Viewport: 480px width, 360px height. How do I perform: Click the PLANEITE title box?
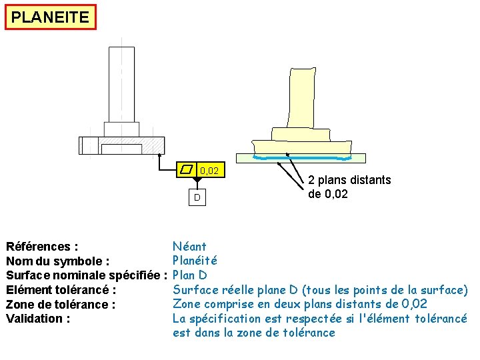tap(50, 17)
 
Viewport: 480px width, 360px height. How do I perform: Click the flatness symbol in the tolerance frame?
tap(186, 170)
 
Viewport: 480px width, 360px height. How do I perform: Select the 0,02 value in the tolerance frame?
tap(209, 171)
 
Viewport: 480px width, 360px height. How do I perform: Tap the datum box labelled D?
tap(197, 198)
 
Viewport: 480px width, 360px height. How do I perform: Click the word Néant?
tap(189, 247)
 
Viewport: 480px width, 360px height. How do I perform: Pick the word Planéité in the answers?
tap(195, 261)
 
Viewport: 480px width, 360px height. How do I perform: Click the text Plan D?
tap(190, 275)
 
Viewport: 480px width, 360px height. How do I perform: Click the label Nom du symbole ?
tap(58, 261)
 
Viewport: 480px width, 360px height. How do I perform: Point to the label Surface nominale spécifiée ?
tap(86, 275)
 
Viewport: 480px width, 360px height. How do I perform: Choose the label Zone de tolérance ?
tap(61, 305)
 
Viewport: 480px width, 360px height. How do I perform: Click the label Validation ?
tap(38, 319)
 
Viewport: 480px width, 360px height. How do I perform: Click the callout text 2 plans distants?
tap(349, 180)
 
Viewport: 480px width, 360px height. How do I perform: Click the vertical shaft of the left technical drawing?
tap(121, 83)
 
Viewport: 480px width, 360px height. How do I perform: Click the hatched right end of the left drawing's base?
tap(155, 145)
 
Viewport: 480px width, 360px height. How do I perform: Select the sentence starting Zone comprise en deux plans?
tap(300, 304)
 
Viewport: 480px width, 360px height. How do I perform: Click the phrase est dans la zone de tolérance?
tap(254, 333)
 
